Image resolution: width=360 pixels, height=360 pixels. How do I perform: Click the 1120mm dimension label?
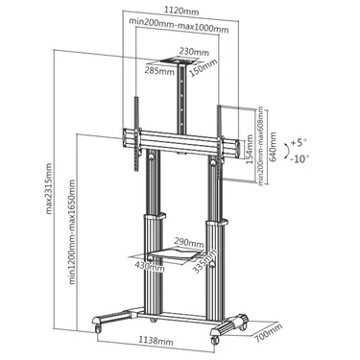pyautogui.click(x=181, y=11)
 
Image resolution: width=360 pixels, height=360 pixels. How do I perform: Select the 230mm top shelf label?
pyautogui.click(x=194, y=51)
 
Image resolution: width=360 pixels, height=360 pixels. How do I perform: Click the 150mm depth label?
pyautogui.click(x=203, y=68)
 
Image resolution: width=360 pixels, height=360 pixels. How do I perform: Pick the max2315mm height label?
pyautogui.click(x=48, y=188)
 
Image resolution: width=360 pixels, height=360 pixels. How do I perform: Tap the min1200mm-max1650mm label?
pyautogui.click(x=72, y=232)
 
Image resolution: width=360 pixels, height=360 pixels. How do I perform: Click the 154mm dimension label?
pyautogui.click(x=250, y=150)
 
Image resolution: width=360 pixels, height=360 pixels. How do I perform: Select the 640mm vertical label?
pyautogui.click(x=273, y=147)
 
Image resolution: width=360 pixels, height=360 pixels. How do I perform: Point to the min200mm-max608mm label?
pyautogui.click(x=261, y=146)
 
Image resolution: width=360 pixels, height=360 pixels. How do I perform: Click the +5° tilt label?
pyautogui.click(x=299, y=143)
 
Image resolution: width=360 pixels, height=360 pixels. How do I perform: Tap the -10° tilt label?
pyautogui.click(x=300, y=158)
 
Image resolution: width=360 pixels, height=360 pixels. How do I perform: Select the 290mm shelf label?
pyautogui.click(x=189, y=242)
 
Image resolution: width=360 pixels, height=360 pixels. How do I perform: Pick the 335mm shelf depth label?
pyautogui.click(x=204, y=262)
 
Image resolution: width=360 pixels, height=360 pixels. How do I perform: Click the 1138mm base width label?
pyautogui.click(x=156, y=341)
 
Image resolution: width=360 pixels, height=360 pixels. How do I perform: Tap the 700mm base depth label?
pyautogui.click(x=268, y=333)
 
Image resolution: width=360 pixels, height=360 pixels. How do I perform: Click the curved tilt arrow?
pyautogui.click(x=287, y=150)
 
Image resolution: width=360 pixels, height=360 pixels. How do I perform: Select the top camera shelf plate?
pyautogui.click(x=181, y=61)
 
